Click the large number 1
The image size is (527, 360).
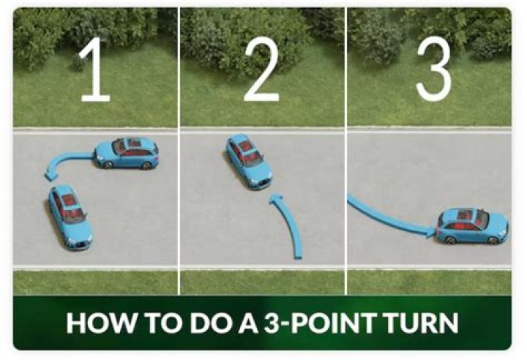[95, 69]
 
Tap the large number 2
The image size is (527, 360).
[261, 69]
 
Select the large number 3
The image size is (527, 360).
[434, 69]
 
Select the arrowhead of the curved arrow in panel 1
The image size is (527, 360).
[51, 175]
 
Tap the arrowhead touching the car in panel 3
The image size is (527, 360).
[432, 232]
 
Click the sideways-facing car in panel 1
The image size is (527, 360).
[127, 153]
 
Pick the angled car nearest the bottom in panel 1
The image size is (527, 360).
[70, 218]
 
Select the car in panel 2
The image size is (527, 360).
[249, 162]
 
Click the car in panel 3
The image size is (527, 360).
[473, 226]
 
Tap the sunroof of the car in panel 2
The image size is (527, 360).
[246, 146]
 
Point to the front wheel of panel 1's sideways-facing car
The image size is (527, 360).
[108, 165]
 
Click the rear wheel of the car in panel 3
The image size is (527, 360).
[450, 240]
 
